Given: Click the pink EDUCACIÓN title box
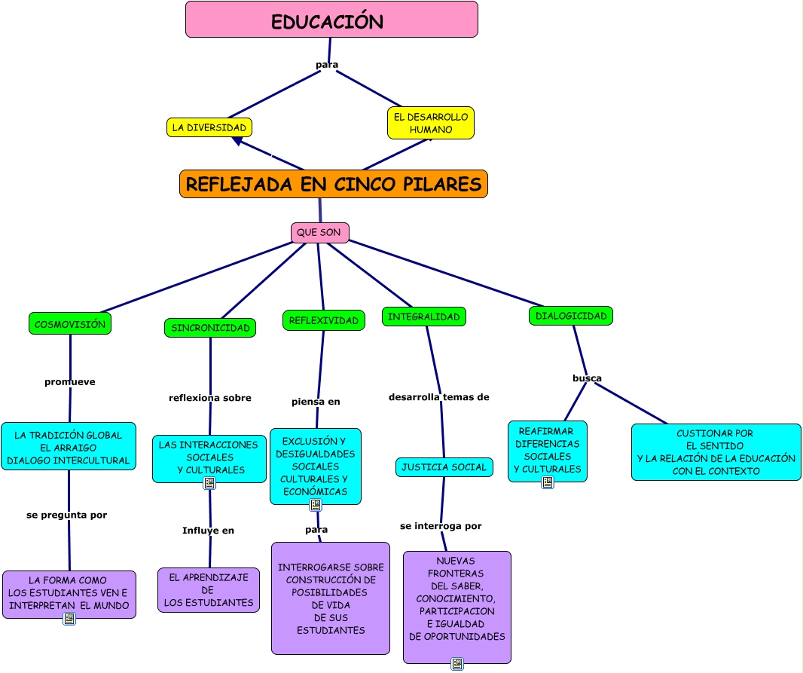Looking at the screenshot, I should tap(331, 20).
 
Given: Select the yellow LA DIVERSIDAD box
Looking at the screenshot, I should tap(209, 127).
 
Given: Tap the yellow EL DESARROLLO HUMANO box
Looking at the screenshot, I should tap(431, 123).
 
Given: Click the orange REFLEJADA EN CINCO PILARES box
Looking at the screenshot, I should tap(334, 184).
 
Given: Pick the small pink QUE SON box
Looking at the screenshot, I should tap(319, 233).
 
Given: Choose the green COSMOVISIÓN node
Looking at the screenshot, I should tap(70, 323).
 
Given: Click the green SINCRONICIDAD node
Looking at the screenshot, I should tap(210, 328).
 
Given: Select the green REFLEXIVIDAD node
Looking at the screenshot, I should tap(324, 320).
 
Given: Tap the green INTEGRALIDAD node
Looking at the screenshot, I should tap(423, 317).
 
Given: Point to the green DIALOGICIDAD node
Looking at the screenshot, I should tap(571, 316).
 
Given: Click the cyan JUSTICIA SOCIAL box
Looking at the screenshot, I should tap(444, 467).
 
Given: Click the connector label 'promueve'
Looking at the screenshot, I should tap(70, 382).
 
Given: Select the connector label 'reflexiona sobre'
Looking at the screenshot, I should tap(210, 398).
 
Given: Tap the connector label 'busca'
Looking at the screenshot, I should tap(587, 378).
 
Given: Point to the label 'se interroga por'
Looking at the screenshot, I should tap(441, 526).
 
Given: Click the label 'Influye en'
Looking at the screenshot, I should tap(208, 531).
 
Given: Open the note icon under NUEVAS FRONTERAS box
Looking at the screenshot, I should tap(457, 664).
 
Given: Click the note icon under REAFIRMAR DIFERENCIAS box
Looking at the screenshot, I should tap(548, 482).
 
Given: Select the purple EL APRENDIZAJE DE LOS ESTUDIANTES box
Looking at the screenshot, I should tap(209, 590).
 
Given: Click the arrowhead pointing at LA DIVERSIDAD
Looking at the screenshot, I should tap(237, 141).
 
